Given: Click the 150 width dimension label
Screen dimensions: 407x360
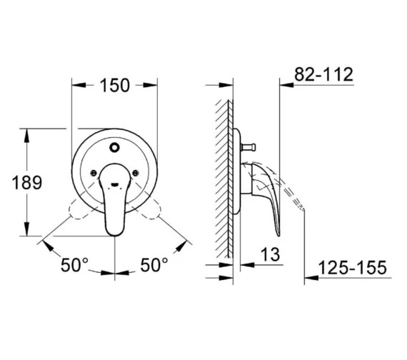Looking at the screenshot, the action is pyautogui.click(x=114, y=86).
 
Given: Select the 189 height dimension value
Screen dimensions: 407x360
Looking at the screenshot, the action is pyautogui.click(x=26, y=182).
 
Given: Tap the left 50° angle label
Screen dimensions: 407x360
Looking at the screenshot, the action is pyautogui.click(x=74, y=265).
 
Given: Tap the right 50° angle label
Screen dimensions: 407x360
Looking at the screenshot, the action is pyautogui.click(x=154, y=265).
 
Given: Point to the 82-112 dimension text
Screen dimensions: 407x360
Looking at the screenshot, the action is pyautogui.click(x=323, y=74).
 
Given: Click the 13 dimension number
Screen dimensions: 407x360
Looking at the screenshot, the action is pyautogui.click(x=270, y=254).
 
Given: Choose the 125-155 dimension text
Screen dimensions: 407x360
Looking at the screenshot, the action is pyautogui.click(x=352, y=268).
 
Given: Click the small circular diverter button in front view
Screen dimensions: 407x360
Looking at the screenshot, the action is pyautogui.click(x=114, y=148).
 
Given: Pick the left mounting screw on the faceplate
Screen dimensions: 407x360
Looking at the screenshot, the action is pyautogui.click(x=94, y=173).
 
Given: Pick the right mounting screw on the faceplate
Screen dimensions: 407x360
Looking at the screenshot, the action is pyautogui.click(x=135, y=173).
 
